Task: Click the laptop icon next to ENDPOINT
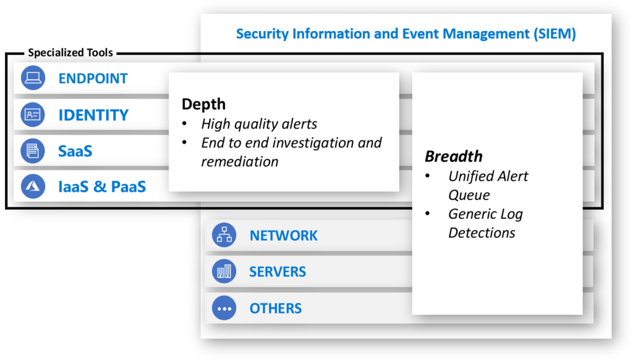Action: [x=33, y=78]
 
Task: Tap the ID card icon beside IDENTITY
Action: [x=33, y=114]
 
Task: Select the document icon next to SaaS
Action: [x=33, y=150]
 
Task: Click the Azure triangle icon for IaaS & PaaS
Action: [x=33, y=186]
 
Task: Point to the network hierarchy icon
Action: [x=224, y=235]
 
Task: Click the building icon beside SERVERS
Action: [x=224, y=272]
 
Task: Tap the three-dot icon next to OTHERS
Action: [x=224, y=308]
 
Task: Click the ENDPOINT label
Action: [x=93, y=79]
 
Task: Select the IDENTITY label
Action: [x=93, y=115]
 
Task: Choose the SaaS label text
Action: [x=75, y=151]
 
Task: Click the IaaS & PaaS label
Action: [x=102, y=187]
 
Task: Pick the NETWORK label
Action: [x=283, y=236]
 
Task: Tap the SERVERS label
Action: [x=278, y=272]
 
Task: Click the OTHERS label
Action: [x=275, y=309]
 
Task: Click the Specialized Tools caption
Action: [x=70, y=53]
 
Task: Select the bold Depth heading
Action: [x=203, y=104]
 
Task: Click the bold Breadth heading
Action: [x=453, y=156]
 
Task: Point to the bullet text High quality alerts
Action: [x=259, y=124]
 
